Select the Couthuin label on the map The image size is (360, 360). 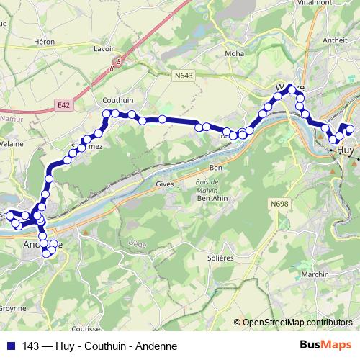[x=116, y=101]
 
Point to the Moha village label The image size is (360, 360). [x=235, y=53]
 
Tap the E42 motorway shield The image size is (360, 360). [x=63, y=105]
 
